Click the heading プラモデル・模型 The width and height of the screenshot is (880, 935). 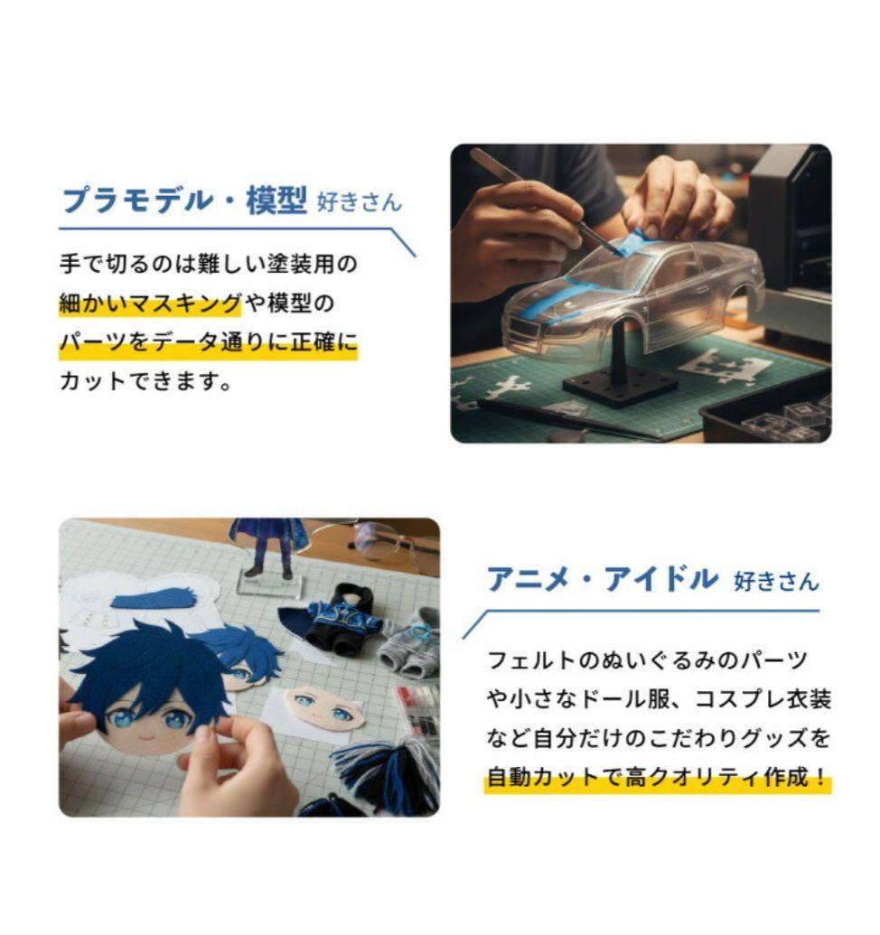[x=184, y=201]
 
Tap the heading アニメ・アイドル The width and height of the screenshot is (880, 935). [x=602, y=579]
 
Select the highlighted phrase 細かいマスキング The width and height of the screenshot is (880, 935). [x=150, y=304]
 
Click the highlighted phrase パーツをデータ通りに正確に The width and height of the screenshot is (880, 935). [x=208, y=343]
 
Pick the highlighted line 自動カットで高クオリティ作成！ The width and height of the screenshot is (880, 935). [x=657, y=778]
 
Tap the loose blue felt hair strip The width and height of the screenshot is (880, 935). [x=154, y=598]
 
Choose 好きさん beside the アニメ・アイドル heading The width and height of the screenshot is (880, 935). [x=776, y=581]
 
